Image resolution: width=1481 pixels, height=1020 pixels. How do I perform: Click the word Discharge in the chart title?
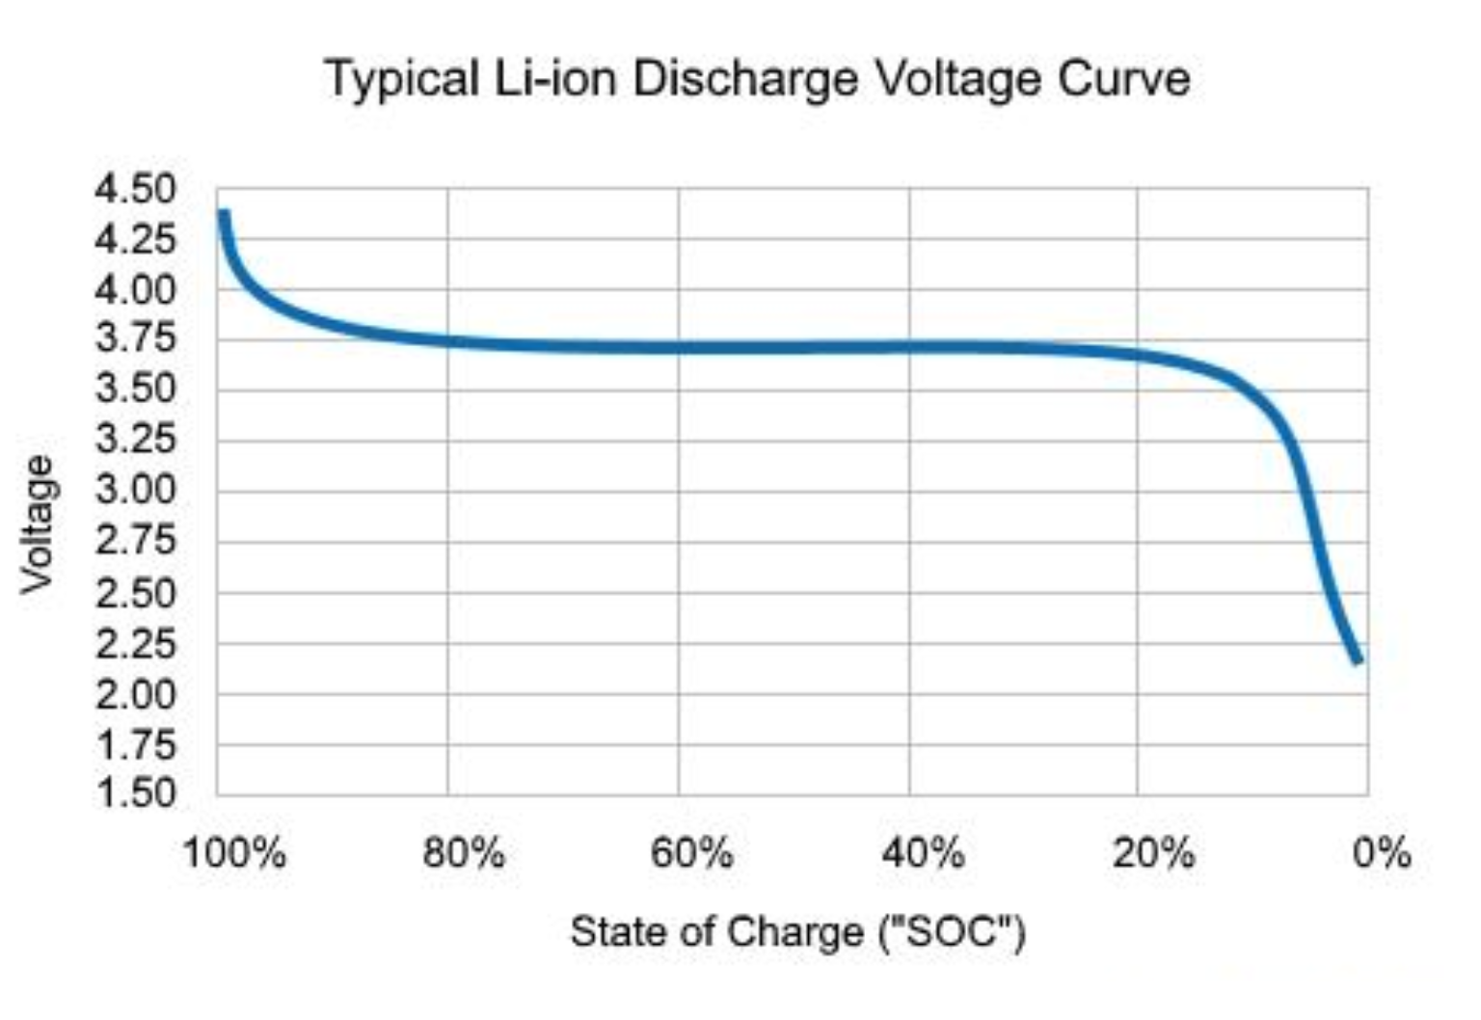[744, 79]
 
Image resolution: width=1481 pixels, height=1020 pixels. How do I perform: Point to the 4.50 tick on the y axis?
[136, 189]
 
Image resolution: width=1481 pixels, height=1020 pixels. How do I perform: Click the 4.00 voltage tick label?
[136, 289]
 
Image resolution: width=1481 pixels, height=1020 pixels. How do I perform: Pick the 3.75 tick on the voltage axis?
[136, 338]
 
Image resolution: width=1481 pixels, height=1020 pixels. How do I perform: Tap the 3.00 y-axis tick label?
[136, 490]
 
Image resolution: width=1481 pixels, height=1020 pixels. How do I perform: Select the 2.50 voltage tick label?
[136, 592]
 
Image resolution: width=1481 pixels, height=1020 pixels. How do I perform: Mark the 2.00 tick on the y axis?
[136, 694]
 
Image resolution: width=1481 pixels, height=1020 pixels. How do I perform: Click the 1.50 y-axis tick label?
[136, 793]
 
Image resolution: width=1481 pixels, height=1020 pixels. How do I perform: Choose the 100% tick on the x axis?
[234, 853]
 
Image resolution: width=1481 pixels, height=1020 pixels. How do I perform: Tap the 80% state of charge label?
[464, 853]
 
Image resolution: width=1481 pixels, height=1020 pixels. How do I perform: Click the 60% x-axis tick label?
[691, 853]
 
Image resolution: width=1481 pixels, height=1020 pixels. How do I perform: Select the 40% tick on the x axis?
[923, 853]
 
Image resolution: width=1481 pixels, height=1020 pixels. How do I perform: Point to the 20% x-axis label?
[1153, 853]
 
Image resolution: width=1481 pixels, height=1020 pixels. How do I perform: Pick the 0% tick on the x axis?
[1381, 853]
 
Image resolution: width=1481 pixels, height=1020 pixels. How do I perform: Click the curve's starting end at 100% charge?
[224, 214]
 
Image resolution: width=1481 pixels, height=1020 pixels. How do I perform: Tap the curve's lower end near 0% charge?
[1358, 659]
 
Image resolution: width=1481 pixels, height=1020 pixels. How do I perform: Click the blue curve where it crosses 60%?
[678, 347]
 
